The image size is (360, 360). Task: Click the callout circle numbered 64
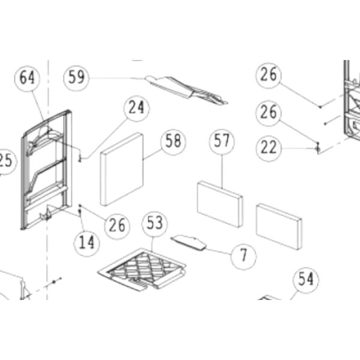pyautogui.click(x=28, y=78)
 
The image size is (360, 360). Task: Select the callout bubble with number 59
pyautogui.click(x=76, y=77)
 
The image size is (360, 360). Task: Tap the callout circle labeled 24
pyautogui.click(x=137, y=108)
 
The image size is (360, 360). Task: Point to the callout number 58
pyautogui.click(x=173, y=142)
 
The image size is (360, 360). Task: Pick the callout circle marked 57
pyautogui.click(x=222, y=142)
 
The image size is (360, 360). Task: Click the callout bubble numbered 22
pyautogui.click(x=269, y=148)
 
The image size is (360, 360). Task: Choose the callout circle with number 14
pyautogui.click(x=86, y=243)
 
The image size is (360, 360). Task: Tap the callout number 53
pyautogui.click(x=155, y=224)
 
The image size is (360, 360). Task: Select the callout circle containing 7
pyautogui.click(x=244, y=256)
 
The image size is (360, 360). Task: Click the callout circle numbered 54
pyautogui.click(x=306, y=280)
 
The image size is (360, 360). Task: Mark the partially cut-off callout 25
pyautogui.click(x=7, y=161)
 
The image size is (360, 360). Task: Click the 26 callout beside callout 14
pyautogui.click(x=117, y=226)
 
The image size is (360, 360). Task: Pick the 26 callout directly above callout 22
pyautogui.click(x=269, y=113)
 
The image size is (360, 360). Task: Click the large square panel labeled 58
pyautogui.click(x=122, y=169)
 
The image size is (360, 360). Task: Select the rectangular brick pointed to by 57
pyautogui.click(x=220, y=204)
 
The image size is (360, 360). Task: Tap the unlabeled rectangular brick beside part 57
pyautogui.click(x=279, y=227)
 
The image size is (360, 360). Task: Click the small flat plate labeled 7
pyautogui.click(x=188, y=242)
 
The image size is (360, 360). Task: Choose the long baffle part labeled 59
pyautogui.click(x=186, y=90)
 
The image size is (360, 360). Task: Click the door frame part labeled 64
pyautogui.click(x=47, y=170)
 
